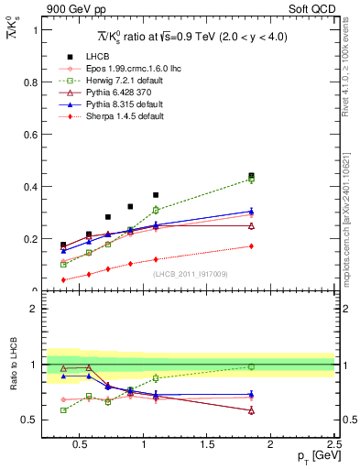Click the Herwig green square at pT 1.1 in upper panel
(x=156, y=210)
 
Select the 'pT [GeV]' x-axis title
(x=311, y=456)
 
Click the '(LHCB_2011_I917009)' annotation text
(x=190, y=273)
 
